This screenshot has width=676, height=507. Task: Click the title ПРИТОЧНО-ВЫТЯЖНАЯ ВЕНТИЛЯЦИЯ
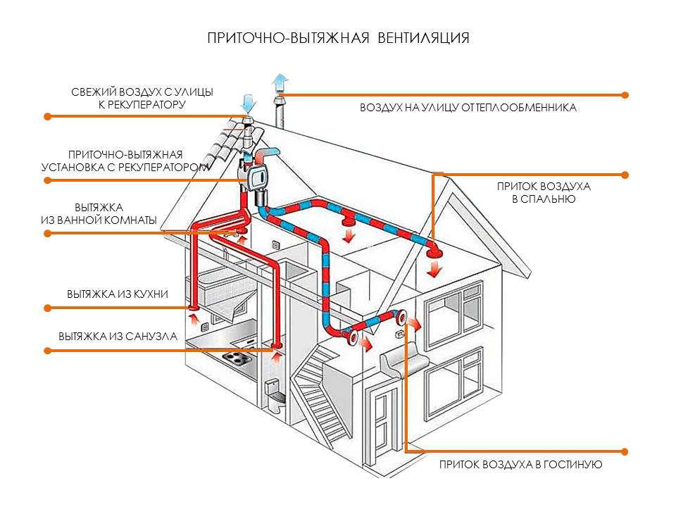tap(338, 37)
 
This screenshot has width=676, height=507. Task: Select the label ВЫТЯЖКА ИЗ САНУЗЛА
tap(118, 336)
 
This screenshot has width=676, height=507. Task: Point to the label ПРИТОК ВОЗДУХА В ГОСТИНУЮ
tap(520, 465)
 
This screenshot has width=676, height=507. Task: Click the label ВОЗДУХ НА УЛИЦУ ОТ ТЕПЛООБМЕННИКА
tap(468, 108)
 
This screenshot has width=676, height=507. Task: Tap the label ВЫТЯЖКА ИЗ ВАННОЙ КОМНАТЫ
tap(99, 213)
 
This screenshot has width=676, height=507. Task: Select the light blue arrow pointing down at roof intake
tap(246, 104)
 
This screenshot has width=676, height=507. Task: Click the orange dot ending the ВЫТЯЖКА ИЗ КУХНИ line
tap(47, 307)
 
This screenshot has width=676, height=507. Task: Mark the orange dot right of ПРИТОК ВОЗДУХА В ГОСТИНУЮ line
tap(625, 451)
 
